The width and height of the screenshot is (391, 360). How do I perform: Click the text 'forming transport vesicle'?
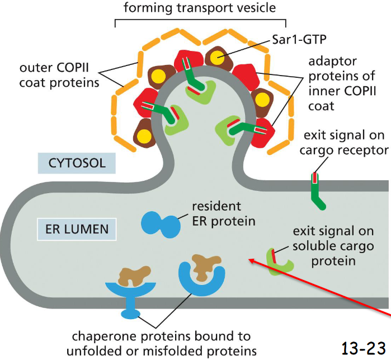coord(199,8)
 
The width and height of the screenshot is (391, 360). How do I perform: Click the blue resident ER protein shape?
coord(160,223)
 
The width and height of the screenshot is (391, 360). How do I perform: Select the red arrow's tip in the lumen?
coord(251,259)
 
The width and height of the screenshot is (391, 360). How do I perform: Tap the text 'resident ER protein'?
coord(223,213)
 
